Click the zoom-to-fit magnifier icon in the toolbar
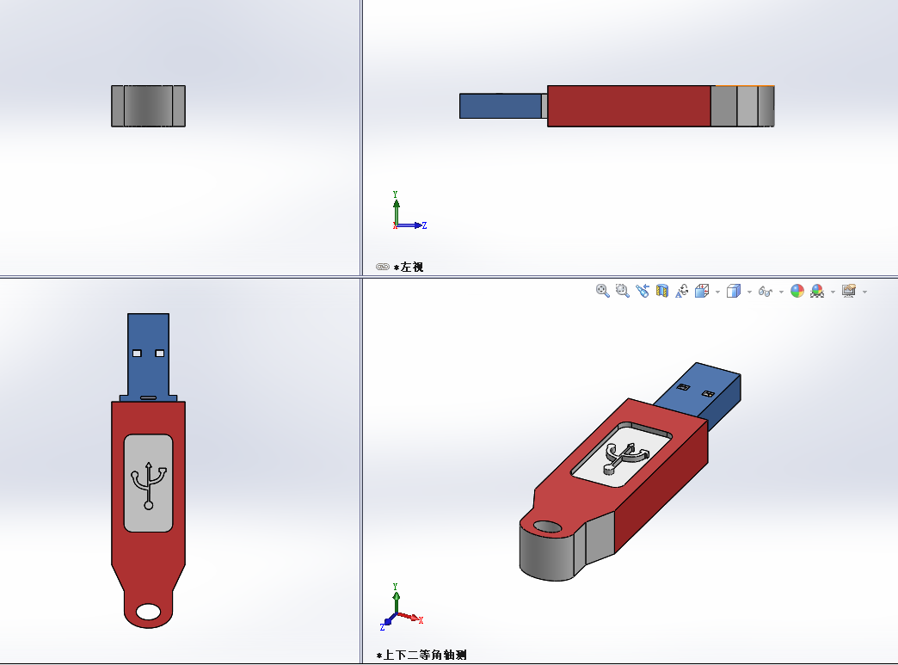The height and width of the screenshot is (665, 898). (x=602, y=292)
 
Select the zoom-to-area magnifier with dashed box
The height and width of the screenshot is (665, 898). (x=622, y=292)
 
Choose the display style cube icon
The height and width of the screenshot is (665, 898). (x=733, y=292)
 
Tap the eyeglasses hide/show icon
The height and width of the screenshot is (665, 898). (x=765, y=292)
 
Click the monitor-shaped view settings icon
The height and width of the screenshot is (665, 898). (x=849, y=292)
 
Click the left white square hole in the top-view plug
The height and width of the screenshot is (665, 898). (x=138, y=353)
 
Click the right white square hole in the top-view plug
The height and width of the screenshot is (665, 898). (x=159, y=353)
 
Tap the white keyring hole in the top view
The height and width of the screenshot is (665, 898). (x=149, y=611)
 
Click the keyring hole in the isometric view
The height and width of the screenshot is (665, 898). (x=546, y=526)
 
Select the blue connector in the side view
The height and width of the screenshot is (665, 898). (x=499, y=106)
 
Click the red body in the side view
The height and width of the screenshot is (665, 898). (x=629, y=106)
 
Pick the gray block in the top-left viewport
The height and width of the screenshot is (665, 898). (x=148, y=106)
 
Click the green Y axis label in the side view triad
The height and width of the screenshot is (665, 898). (x=395, y=195)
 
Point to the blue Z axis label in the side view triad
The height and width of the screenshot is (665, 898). (x=425, y=225)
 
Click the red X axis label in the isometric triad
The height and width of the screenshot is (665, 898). (x=421, y=620)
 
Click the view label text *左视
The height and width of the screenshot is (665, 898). (x=408, y=268)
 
